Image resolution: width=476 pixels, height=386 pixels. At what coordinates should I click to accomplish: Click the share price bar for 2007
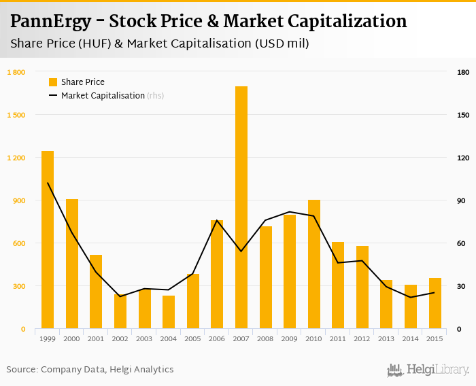241,207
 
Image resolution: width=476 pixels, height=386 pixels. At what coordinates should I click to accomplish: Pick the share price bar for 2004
169,312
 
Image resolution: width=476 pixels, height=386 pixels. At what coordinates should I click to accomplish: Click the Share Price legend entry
76,82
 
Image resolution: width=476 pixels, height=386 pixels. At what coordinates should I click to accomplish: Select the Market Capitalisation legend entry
102,96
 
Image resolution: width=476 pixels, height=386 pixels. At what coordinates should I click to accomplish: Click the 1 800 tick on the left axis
16,72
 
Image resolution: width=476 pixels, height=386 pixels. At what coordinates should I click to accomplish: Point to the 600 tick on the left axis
19,243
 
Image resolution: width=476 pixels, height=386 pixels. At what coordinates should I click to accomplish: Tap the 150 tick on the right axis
463,115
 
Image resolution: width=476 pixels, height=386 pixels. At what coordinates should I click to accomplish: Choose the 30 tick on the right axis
462,286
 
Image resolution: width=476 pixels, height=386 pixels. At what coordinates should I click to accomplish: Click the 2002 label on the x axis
120,338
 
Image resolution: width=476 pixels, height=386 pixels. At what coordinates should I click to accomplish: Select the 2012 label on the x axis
362,338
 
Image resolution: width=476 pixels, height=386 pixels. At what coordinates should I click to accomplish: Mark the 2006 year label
217,338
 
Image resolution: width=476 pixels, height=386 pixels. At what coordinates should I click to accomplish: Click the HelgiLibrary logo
428,370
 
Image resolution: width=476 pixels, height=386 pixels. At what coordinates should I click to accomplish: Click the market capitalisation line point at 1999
48,183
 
